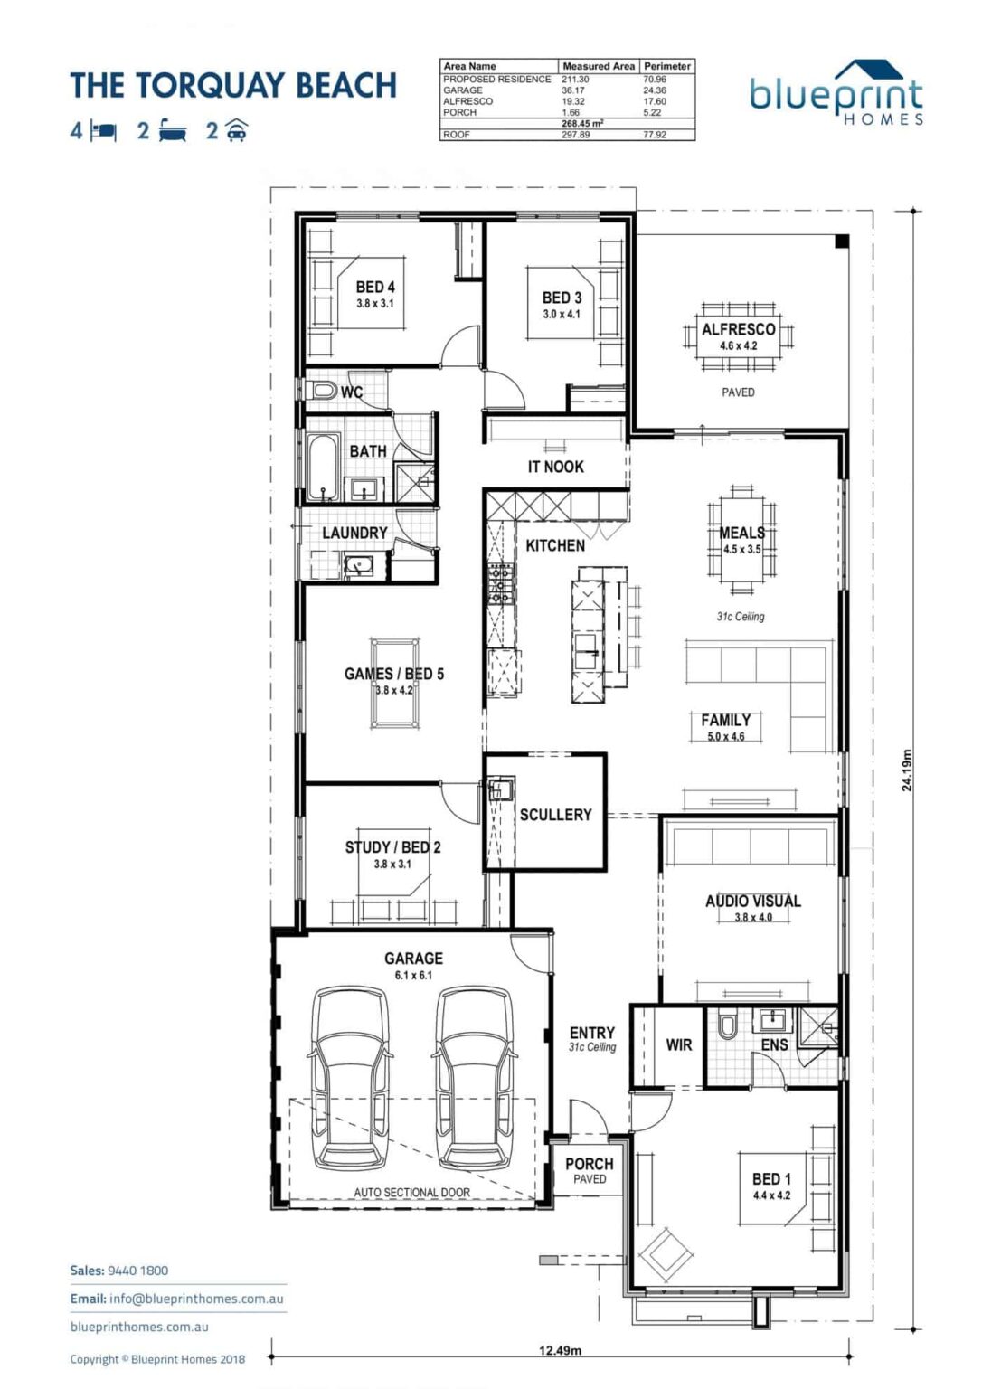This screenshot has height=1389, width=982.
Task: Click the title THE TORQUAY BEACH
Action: (x=233, y=86)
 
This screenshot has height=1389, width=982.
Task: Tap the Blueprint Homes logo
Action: (x=836, y=95)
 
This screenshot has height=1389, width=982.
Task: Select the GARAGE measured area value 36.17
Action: (x=573, y=90)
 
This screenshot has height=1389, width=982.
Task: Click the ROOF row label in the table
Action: (x=457, y=135)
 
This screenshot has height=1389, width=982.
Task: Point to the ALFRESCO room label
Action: (x=738, y=330)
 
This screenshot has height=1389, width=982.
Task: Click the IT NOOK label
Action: (x=555, y=467)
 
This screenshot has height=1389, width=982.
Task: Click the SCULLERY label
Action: (x=555, y=815)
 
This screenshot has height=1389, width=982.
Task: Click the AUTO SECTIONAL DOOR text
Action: (x=411, y=1193)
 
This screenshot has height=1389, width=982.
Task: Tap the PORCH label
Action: (x=589, y=1165)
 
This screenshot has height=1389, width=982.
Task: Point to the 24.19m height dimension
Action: (x=907, y=770)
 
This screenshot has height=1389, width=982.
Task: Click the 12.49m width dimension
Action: (x=560, y=1350)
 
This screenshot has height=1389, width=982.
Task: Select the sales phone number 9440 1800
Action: (x=137, y=1271)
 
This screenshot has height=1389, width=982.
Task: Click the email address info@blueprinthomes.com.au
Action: (x=196, y=1299)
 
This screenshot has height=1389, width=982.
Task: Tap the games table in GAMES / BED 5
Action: (x=395, y=684)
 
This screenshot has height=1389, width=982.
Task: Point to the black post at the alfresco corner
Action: (x=841, y=241)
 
